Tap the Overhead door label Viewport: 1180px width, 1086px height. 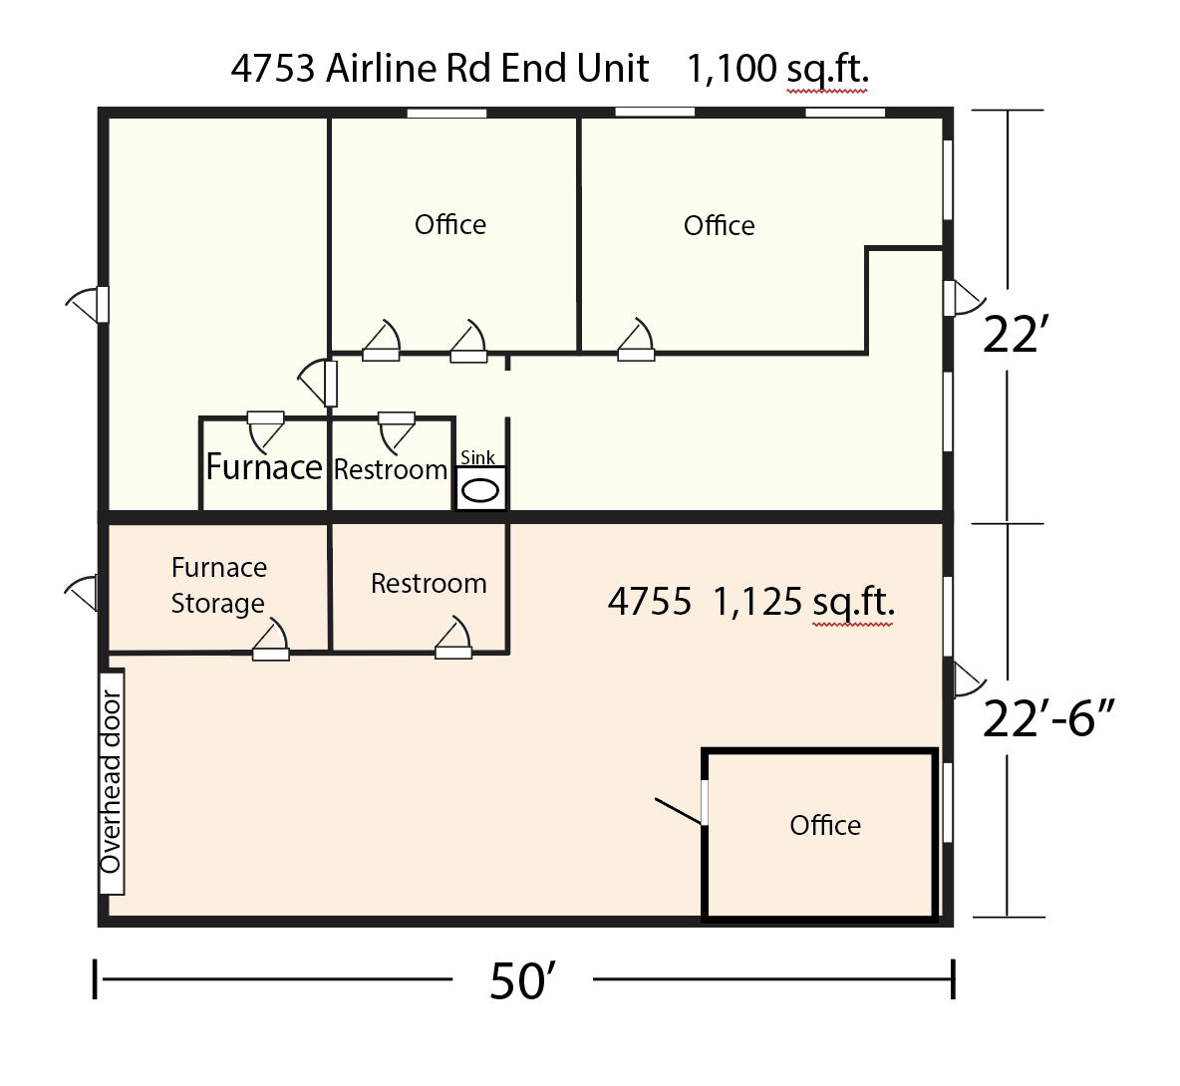tap(111, 781)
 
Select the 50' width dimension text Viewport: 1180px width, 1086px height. tap(521, 981)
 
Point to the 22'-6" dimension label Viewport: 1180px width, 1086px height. tap(1047, 717)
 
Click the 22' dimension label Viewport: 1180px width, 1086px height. tap(1011, 335)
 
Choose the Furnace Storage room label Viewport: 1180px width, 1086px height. tap(218, 585)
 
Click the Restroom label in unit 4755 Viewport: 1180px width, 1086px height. tap(429, 583)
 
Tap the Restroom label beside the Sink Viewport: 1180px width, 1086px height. tap(391, 469)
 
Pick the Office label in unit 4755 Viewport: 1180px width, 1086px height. tap(825, 825)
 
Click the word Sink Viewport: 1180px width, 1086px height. tap(477, 457)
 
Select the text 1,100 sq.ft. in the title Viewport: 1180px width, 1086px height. tap(777, 69)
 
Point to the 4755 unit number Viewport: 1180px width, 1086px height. tap(649, 602)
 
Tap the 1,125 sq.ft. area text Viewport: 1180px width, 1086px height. tap(803, 602)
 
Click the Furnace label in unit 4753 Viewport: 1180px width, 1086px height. tap(264, 466)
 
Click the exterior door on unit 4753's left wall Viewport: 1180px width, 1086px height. tap(90, 303)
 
